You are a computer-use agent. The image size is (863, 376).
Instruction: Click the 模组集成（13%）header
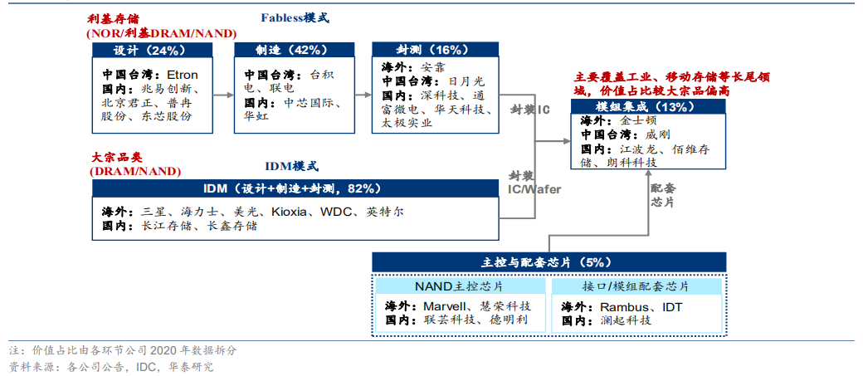pos(645,107)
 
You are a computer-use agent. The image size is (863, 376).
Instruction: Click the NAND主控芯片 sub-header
pos(458,286)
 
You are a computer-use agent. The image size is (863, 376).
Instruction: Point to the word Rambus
pos(621,305)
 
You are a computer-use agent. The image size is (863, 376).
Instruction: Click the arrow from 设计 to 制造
pos(222,95)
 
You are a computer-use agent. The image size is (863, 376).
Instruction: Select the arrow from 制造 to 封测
pos(363,95)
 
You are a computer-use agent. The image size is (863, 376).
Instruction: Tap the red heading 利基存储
pos(115,17)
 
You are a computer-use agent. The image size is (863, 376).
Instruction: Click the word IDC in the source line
pos(147,366)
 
